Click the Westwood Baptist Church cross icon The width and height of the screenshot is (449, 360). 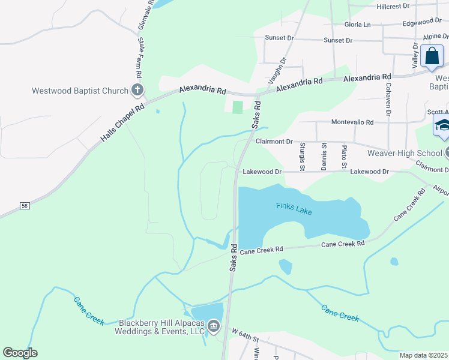(x=137, y=91)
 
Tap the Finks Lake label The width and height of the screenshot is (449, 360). (x=294, y=206)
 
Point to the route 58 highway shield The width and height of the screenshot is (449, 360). (x=24, y=205)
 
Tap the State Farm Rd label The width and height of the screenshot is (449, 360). (x=140, y=58)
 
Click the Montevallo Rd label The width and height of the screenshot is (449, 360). (x=353, y=122)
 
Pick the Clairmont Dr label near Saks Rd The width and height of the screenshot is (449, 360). (x=274, y=142)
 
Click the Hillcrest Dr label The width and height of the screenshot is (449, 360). (x=393, y=5)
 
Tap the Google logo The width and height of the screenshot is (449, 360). (x=20, y=353)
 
